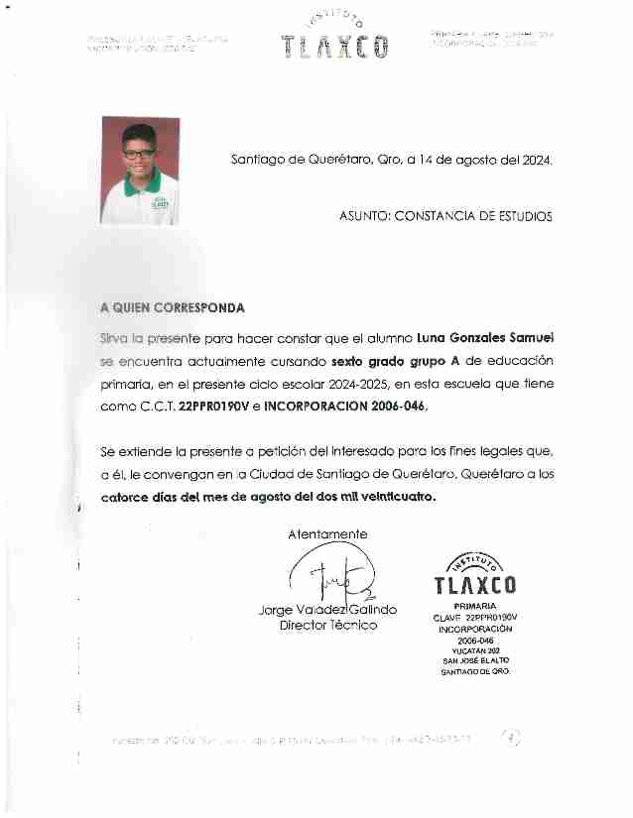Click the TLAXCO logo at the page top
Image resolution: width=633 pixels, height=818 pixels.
(334, 40)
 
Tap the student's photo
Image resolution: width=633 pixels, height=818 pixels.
(140, 170)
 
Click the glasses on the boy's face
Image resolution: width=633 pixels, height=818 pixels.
(139, 154)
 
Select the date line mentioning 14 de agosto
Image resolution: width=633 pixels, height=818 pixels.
(391, 159)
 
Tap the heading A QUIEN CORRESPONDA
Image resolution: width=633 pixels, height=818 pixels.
(173, 308)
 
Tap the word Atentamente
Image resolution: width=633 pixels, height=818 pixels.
(327, 533)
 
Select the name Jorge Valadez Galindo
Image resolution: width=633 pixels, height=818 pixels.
(327, 610)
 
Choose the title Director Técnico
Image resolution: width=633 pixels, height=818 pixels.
(328, 626)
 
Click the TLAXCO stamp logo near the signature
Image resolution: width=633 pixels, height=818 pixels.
(475, 574)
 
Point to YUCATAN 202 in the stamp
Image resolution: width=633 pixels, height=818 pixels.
(475, 650)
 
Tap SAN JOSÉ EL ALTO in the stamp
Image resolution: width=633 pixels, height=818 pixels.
(475, 661)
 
